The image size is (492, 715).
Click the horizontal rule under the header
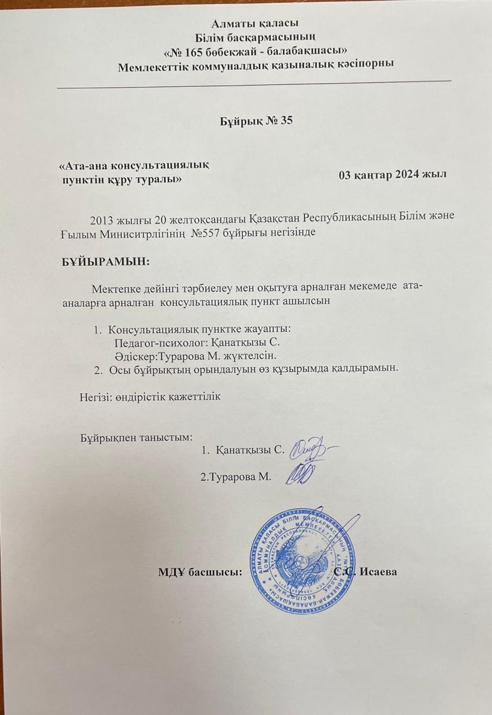point(254,83)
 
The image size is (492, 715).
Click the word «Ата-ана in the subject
point(84,166)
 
